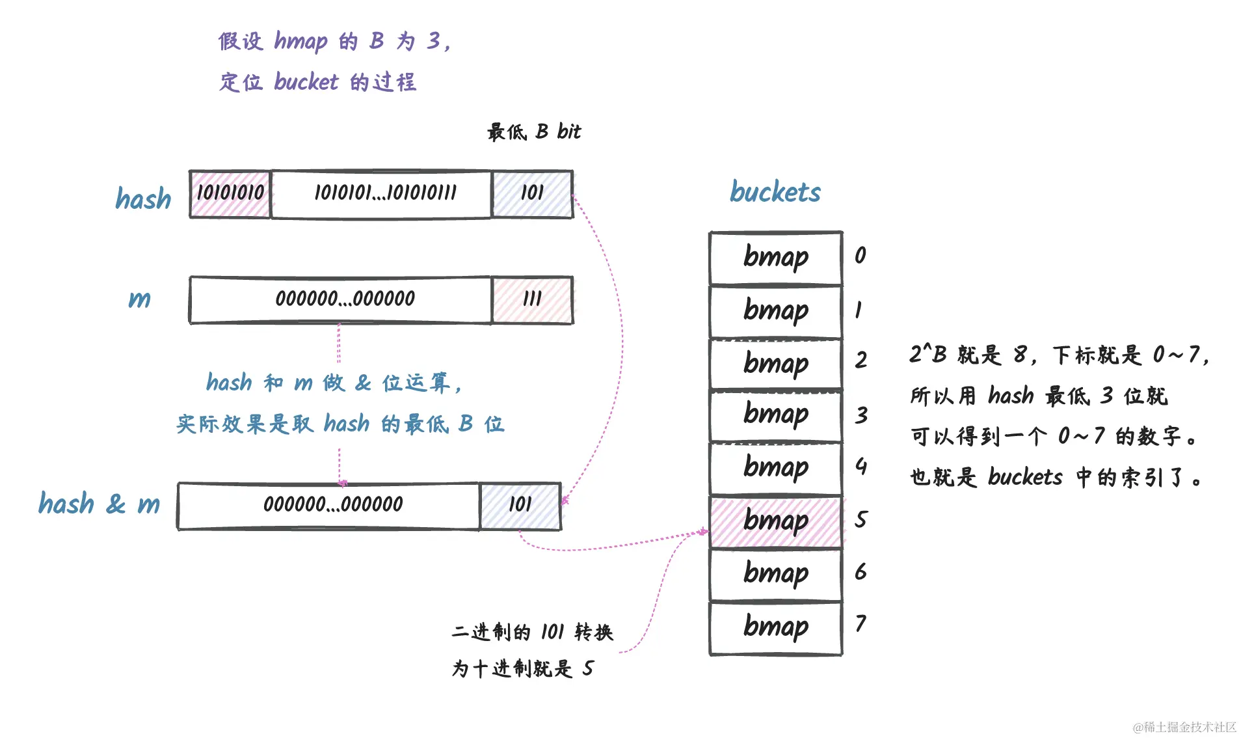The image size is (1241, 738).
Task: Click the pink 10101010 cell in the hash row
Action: point(230,194)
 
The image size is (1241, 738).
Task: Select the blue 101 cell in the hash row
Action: point(532,194)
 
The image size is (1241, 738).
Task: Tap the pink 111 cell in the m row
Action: point(532,299)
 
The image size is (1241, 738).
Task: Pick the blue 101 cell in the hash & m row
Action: point(520,506)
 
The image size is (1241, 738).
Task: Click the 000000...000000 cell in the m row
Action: point(341,299)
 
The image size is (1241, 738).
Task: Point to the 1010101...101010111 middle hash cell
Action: point(382,194)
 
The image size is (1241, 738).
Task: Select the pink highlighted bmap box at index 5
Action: point(775,522)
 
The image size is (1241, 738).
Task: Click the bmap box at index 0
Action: point(775,258)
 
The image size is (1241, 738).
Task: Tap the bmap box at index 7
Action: point(775,627)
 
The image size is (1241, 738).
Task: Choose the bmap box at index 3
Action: point(775,415)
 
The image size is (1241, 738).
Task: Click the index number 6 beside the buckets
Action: point(861,572)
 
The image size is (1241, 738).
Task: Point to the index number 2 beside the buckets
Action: point(861,360)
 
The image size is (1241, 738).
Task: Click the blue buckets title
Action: point(775,192)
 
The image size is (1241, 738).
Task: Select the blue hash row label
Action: point(143,199)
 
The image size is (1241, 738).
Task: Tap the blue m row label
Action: point(139,299)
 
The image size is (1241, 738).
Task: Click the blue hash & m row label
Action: point(99,504)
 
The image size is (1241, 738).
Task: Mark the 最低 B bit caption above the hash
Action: point(533,132)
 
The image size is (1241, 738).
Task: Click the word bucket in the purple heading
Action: point(306,82)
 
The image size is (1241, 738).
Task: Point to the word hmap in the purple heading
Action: point(300,42)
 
